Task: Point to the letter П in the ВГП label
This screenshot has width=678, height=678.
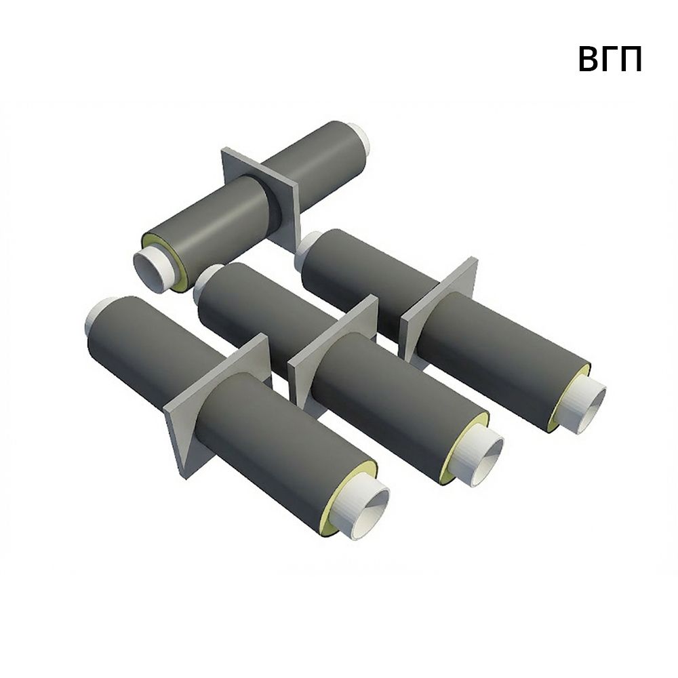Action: [x=632, y=59]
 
